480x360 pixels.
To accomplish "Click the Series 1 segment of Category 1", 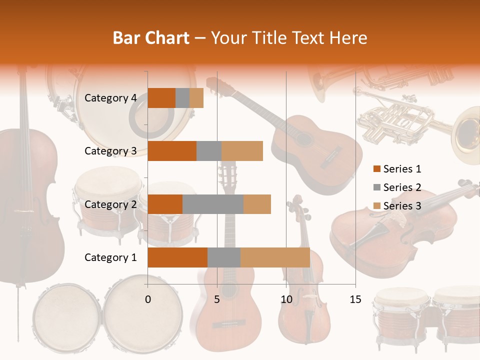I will [x=177, y=257].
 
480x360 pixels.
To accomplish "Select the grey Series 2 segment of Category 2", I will [x=213, y=204].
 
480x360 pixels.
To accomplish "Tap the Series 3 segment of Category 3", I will [x=242, y=151].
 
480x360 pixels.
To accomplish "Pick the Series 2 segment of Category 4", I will [x=182, y=98].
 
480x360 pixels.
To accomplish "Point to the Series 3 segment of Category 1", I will [x=275, y=257].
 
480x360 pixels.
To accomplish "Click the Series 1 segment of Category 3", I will [x=172, y=151].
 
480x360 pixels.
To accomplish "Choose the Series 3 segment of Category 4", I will [x=196, y=98].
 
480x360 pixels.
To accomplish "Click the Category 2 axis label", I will [x=110, y=204].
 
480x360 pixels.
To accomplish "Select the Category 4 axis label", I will [x=110, y=98].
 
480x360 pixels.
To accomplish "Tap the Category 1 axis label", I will [x=110, y=257].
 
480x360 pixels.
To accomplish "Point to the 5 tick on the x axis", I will [x=217, y=299].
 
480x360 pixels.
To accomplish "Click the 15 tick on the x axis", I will [x=355, y=299].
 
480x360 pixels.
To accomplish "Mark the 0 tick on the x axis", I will [x=148, y=299].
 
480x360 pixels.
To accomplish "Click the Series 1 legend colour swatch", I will [x=377, y=169].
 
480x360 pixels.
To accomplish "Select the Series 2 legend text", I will [x=402, y=187].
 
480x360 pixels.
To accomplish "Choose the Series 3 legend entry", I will [x=397, y=206].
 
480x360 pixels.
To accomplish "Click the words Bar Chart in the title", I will [x=151, y=37].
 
